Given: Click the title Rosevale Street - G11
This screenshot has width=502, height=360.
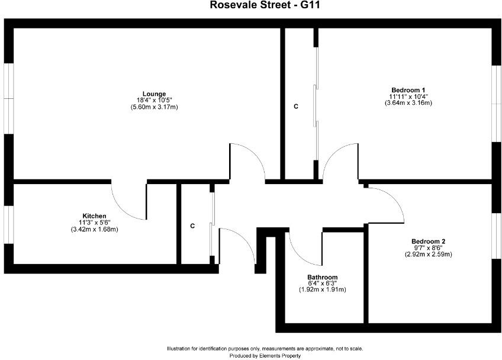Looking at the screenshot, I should [251, 5].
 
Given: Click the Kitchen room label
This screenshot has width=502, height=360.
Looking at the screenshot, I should [95, 216].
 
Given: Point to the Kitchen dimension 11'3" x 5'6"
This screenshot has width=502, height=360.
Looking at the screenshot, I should [95, 222].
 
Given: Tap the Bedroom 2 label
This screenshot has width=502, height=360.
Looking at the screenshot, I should [428, 241].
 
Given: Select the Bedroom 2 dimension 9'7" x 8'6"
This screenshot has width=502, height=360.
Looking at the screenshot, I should [428, 248].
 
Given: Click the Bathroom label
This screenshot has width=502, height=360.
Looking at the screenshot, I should [322, 277].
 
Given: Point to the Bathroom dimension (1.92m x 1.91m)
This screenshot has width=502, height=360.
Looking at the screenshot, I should [322, 290].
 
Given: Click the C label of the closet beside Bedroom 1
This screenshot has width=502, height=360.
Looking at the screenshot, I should [296, 107].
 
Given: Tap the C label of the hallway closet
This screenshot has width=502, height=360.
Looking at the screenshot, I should [192, 226].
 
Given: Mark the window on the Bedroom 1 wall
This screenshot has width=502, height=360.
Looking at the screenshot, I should [496, 103].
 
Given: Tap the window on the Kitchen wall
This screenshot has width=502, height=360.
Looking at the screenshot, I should [8, 224].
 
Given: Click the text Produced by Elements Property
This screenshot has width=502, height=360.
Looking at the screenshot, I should [265, 356].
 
